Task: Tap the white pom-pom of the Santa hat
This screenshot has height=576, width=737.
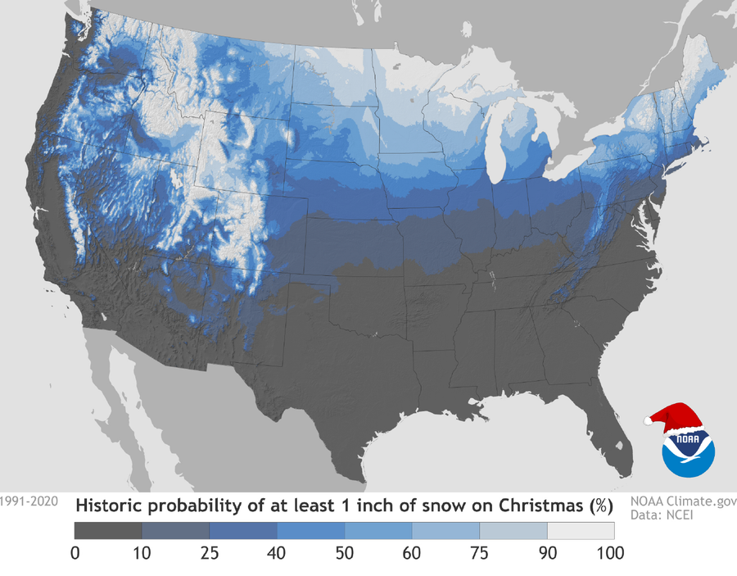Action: pos(647,421)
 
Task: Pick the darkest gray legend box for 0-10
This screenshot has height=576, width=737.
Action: pos(108,530)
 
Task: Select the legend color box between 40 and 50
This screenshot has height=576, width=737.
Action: pos(310,530)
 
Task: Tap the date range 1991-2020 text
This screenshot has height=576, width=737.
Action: pos(29,501)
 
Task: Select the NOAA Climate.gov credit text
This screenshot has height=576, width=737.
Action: pos(683,500)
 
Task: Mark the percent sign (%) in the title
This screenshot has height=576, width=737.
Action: pos(600,505)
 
